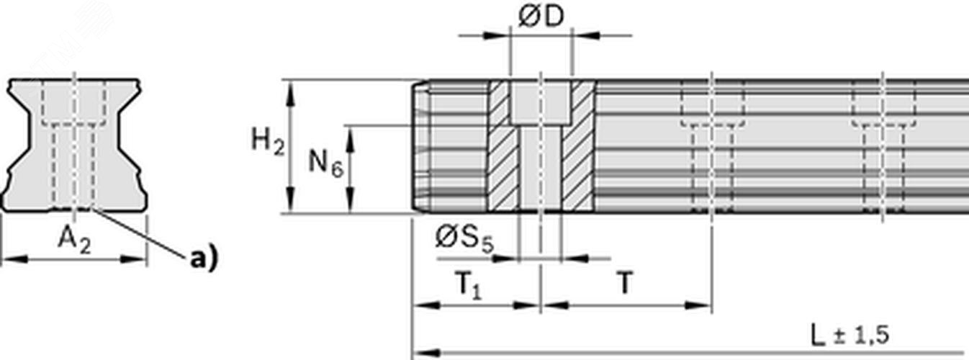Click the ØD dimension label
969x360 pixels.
[541, 17]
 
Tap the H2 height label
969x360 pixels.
[267, 141]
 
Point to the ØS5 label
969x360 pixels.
[464, 238]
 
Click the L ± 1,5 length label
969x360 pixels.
[849, 335]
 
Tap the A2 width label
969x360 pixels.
[74, 243]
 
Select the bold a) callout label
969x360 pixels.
[202, 258]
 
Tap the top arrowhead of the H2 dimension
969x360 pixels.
[291, 87]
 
